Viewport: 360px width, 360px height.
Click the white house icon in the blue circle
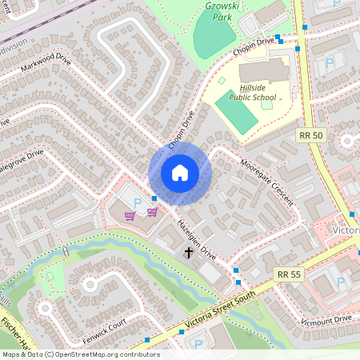tap(180, 173)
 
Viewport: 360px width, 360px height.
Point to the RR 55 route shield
tap(290, 274)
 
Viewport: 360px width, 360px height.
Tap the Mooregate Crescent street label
tap(267, 181)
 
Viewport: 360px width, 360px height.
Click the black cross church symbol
tap(190, 253)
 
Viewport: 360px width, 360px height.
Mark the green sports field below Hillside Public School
tap(236, 117)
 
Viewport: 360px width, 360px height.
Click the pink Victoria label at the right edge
tap(345, 230)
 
